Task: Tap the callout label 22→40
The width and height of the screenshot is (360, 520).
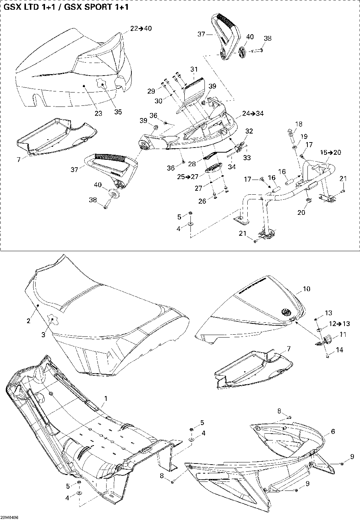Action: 141,28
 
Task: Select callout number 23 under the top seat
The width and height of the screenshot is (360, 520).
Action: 98,113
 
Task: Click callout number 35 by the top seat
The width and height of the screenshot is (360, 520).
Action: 118,112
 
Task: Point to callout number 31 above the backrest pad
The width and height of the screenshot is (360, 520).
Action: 194,69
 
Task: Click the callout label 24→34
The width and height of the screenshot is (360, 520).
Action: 253,114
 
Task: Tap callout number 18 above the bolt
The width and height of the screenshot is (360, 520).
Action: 299,124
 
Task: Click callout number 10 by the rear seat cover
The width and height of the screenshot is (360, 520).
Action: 306,289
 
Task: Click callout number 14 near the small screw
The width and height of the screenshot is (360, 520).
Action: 339,349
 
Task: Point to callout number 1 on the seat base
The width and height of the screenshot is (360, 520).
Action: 106,398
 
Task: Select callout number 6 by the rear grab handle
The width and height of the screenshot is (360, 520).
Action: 333,431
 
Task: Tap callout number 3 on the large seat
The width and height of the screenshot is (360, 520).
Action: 43,335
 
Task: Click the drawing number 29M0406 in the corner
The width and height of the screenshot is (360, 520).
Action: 10,517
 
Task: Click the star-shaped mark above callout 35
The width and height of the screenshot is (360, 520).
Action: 103,85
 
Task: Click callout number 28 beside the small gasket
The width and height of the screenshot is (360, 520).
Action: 193,164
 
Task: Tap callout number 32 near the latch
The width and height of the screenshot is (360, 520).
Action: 249,131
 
